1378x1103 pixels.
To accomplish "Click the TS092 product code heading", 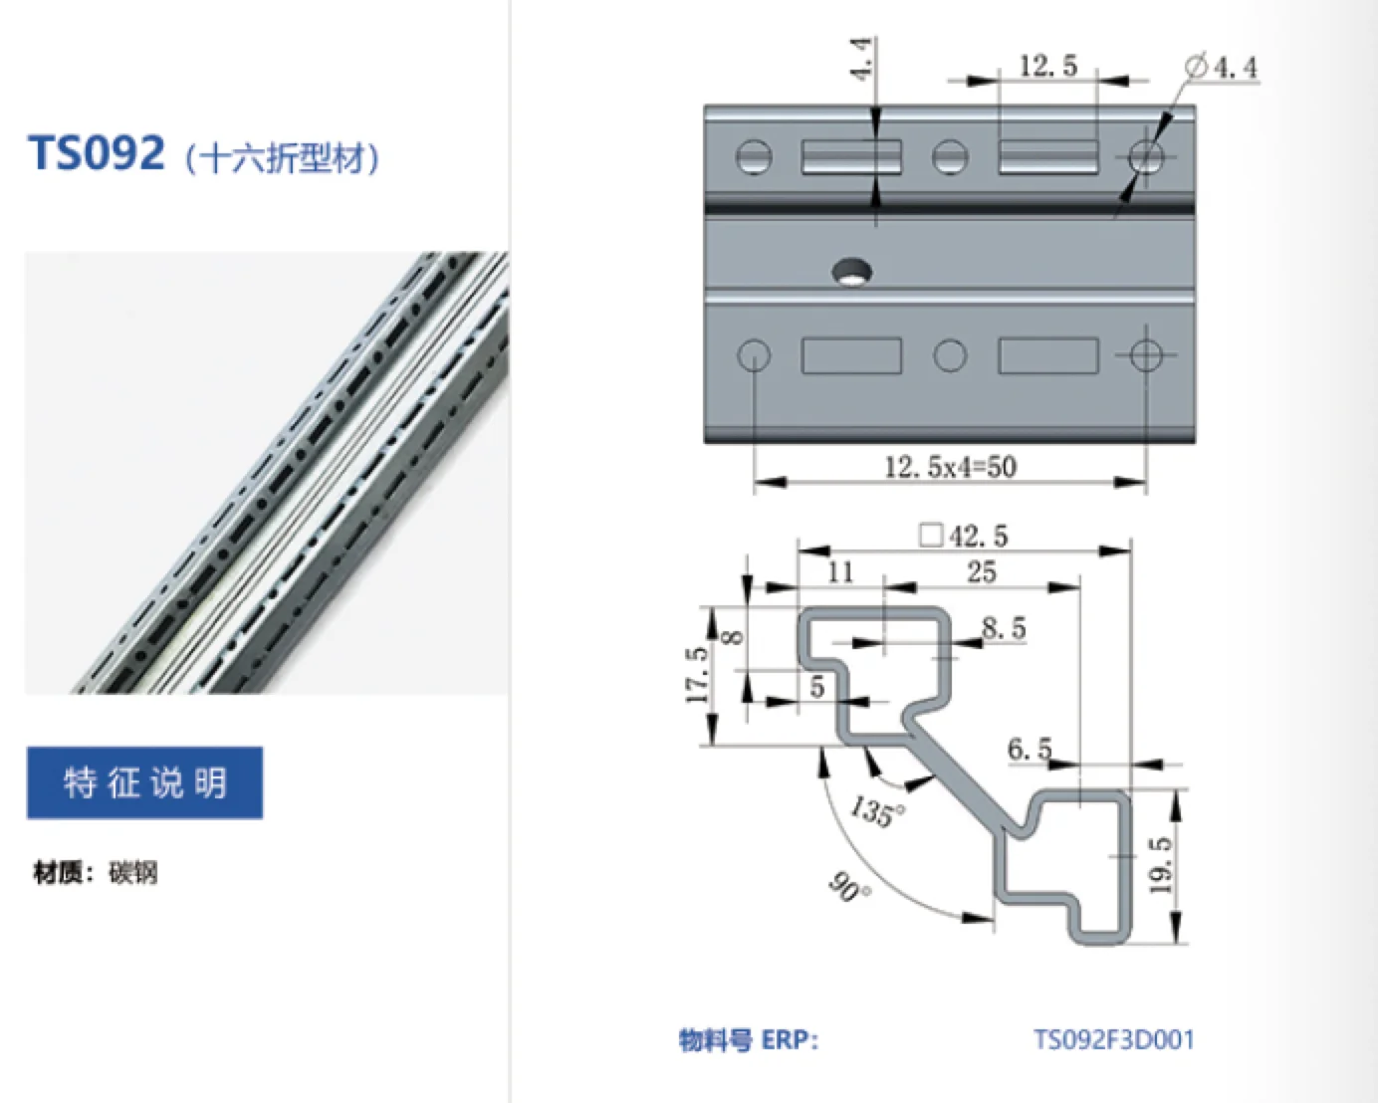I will [x=97, y=154].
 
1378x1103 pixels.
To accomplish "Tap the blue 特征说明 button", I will [x=144, y=782].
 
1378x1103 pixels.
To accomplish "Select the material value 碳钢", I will [x=132, y=873].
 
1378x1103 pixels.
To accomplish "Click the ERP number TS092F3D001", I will [x=1113, y=1040].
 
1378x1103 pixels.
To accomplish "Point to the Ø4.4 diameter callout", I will [x=1222, y=68].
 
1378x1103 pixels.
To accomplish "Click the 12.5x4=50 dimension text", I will [x=950, y=466].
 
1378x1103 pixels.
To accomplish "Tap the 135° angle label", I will [x=876, y=810].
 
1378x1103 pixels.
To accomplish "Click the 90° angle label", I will [x=848, y=885].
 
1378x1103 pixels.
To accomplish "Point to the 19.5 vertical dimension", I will [x=1161, y=864].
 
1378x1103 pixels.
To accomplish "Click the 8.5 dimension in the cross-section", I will [x=1003, y=628].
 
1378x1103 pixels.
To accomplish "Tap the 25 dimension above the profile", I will [x=981, y=571].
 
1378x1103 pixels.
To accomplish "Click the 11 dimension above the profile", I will [x=840, y=571].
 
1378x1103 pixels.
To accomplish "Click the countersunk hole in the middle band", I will [x=851, y=270].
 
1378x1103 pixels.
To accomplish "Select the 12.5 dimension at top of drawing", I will [x=1047, y=66].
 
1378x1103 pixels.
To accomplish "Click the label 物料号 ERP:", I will [x=748, y=1040].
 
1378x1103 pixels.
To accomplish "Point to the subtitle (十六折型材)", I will [x=282, y=158].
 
